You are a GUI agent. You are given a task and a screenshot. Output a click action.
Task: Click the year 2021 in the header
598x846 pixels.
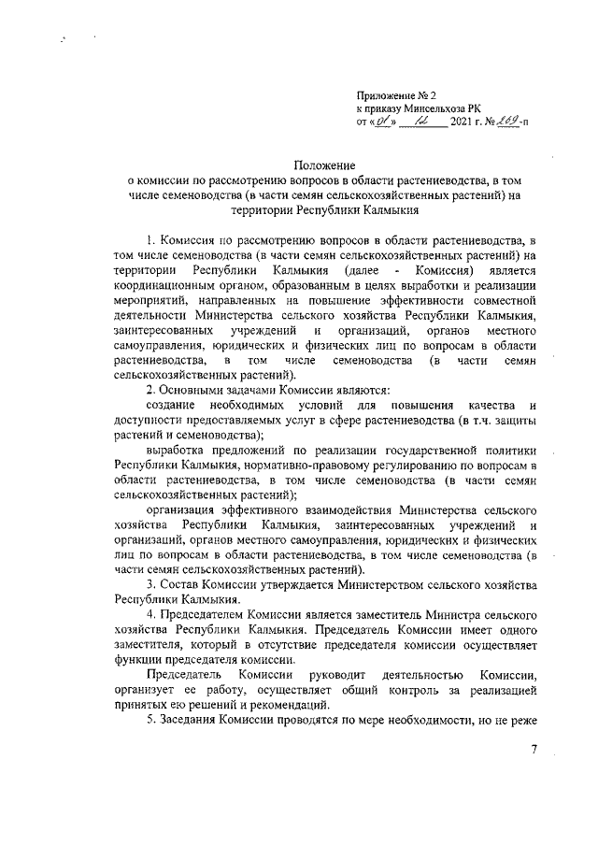tap(463, 122)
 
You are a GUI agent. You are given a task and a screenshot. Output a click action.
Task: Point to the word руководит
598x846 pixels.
tap(323, 674)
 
